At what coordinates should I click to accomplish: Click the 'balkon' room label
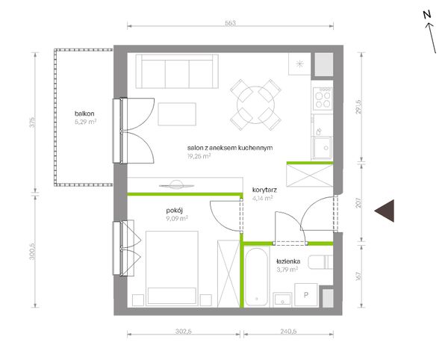[x=84, y=114]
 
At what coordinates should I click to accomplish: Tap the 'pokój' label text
[x=174, y=211]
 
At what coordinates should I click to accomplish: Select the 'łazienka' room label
[x=288, y=261]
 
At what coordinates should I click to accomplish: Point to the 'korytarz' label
[x=264, y=190]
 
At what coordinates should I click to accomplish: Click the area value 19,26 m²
[x=199, y=156]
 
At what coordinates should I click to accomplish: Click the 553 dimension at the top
[x=230, y=23]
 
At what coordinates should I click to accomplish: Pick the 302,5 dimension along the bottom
[x=184, y=331]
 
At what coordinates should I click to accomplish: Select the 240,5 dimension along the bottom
[x=288, y=331]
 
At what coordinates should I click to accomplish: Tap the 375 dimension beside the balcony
[x=33, y=122]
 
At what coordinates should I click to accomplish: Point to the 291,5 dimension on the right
[x=358, y=107]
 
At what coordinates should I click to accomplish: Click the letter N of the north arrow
[x=427, y=15]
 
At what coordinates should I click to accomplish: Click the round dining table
[x=255, y=105]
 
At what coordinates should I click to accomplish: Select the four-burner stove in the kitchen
[x=323, y=99]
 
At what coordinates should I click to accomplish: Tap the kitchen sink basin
[x=323, y=147]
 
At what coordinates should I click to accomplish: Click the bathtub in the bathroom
[x=257, y=277]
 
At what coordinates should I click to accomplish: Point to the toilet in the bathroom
[x=320, y=262]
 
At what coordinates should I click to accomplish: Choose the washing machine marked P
[x=306, y=295]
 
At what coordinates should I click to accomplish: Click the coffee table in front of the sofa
[x=177, y=114]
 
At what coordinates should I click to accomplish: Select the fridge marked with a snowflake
[x=299, y=64]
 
